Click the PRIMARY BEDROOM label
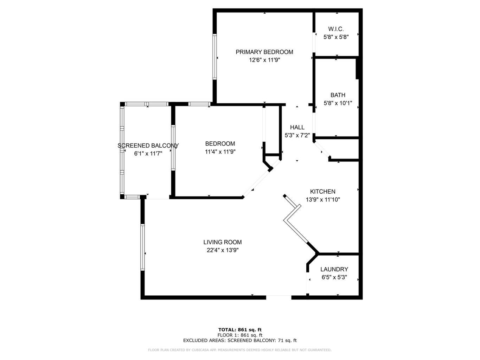click(264, 52)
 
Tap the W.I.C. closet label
click(336, 29)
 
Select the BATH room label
click(338, 95)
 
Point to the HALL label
click(297, 127)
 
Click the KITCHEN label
click(322, 192)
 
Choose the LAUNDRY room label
click(334, 269)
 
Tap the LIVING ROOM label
click(222, 242)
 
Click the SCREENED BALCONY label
click(148, 146)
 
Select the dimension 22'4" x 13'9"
click(222, 250)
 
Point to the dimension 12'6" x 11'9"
click(264, 60)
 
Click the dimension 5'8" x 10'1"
click(338, 103)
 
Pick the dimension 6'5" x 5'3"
click(334, 277)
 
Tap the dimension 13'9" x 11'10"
click(322, 200)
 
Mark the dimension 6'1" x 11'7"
click(148, 154)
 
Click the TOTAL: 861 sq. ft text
click(240, 330)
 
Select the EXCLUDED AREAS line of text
click(240, 340)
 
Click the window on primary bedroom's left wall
click(214, 57)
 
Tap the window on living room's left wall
click(142, 247)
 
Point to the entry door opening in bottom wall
click(279, 297)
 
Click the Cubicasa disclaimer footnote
click(240, 350)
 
